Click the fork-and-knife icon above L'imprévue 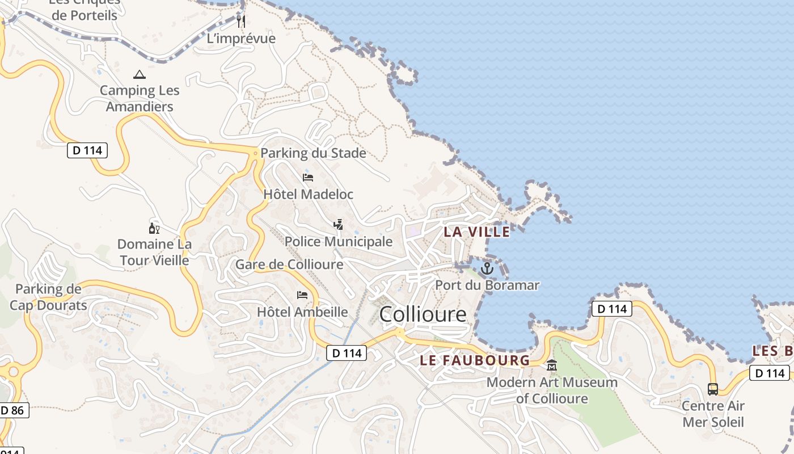pyautogui.click(x=241, y=22)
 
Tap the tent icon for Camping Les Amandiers pyautogui.click(x=139, y=74)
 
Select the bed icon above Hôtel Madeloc pyautogui.click(x=308, y=178)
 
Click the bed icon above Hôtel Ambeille pyautogui.click(x=302, y=295)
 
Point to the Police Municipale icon pyautogui.click(x=339, y=225)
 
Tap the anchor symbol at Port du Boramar pyautogui.click(x=487, y=268)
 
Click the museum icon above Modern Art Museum pyautogui.click(x=552, y=365)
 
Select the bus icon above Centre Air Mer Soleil pyautogui.click(x=713, y=389)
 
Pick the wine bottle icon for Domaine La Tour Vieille pyautogui.click(x=154, y=229)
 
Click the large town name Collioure pyautogui.click(x=423, y=314)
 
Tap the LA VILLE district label pyautogui.click(x=477, y=232)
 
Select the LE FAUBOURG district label pyautogui.click(x=475, y=360)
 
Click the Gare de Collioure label pyautogui.click(x=289, y=264)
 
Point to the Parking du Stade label pyautogui.click(x=313, y=153)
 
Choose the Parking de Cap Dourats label pyautogui.click(x=48, y=297)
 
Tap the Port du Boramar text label pyautogui.click(x=487, y=285)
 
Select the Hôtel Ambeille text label pyautogui.click(x=302, y=312)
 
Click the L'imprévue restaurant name pyautogui.click(x=241, y=39)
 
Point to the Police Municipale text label pyautogui.click(x=339, y=241)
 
